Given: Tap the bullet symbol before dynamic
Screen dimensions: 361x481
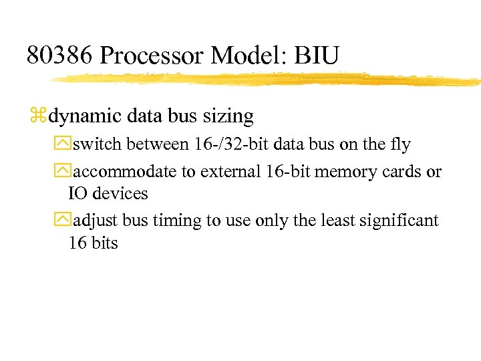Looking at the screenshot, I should tap(37, 117).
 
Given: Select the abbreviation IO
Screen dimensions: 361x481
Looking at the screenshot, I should tap(78, 194).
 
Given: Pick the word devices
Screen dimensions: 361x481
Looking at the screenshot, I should tap(120, 194).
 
